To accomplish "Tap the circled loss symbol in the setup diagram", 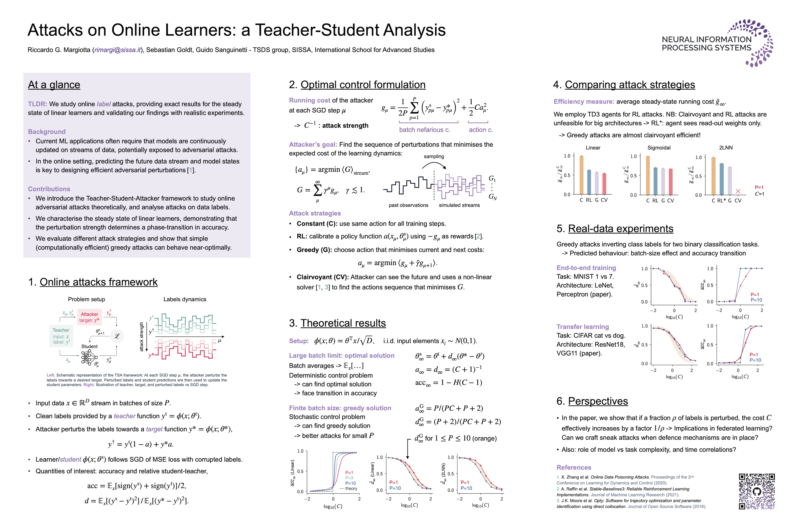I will [x=117, y=336].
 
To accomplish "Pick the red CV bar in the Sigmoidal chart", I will [x=670, y=182].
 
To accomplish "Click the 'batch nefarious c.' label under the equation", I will [x=424, y=130].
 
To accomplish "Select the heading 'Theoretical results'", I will [x=343, y=323].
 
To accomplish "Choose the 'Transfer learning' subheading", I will [x=583, y=327].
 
